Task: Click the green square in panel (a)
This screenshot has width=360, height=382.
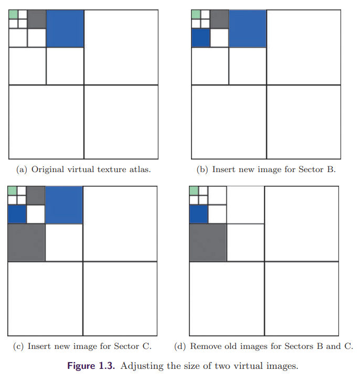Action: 14,14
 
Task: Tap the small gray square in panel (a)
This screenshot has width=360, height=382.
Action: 37,19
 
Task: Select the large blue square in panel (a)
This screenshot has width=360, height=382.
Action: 65,28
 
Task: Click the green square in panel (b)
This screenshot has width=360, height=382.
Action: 196,14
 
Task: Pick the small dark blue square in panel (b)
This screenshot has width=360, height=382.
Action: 200,38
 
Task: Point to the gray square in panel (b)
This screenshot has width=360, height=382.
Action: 219,19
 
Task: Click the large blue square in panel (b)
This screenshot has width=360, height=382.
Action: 248,28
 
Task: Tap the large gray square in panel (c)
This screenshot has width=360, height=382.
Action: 26,242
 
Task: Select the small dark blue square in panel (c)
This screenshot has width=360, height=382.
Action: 17,214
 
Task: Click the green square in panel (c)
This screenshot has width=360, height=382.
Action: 13,191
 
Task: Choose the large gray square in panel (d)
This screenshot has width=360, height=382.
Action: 208,242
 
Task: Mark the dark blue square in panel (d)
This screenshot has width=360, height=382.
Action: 199,214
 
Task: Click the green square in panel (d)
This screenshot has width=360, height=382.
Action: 194,191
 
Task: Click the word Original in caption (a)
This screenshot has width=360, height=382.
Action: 48,169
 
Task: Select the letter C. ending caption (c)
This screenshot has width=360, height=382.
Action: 147,346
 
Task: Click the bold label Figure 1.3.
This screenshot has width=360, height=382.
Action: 91,366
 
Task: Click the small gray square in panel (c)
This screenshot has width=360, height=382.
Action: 36,196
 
